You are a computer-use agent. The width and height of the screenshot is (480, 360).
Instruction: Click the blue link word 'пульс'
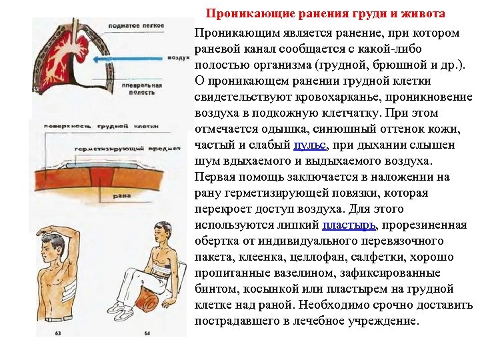310,145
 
